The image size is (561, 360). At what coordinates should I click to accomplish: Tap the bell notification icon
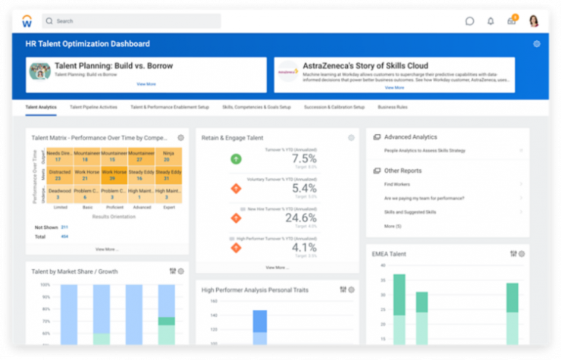(490, 21)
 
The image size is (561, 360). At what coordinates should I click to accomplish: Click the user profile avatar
(534, 20)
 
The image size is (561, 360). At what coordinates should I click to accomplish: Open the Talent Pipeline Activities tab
(93, 108)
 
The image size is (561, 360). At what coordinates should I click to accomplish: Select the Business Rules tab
(393, 108)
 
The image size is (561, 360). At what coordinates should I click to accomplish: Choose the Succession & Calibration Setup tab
(334, 108)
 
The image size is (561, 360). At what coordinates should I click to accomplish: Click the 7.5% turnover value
(304, 158)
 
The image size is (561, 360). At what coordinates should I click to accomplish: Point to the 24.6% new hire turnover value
(301, 218)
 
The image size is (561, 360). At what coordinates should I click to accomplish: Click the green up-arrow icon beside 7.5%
(236, 159)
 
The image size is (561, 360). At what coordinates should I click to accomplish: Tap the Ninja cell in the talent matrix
(168, 157)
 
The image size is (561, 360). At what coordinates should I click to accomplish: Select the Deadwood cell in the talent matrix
(59, 194)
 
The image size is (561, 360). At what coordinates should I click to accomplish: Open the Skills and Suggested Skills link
(410, 212)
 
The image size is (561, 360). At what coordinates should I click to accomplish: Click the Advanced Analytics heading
(410, 137)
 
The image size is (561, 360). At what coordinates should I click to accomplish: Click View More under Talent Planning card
(146, 84)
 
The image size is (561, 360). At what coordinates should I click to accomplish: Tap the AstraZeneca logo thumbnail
(287, 71)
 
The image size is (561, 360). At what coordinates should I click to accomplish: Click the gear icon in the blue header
(537, 44)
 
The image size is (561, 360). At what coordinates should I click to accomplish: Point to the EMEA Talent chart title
(389, 253)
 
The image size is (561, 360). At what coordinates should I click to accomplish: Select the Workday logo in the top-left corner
(27, 20)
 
